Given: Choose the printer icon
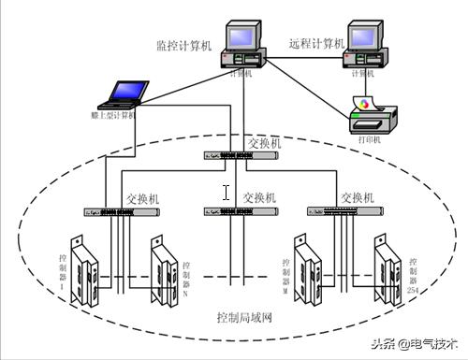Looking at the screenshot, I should (362, 117).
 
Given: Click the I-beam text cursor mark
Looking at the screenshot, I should (226, 193).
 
